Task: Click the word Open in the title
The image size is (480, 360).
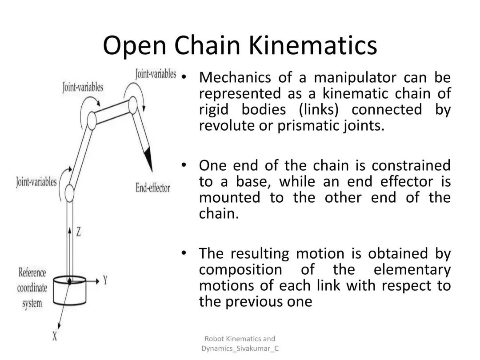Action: click(134, 46)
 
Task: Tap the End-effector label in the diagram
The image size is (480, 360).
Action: click(152, 188)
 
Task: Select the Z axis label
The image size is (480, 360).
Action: click(78, 231)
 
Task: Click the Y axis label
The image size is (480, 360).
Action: click(105, 280)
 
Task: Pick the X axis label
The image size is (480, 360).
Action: click(55, 336)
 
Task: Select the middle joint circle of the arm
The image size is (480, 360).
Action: click(92, 120)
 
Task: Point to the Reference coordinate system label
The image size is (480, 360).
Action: click(32, 288)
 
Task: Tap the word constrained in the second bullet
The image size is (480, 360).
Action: click(411, 166)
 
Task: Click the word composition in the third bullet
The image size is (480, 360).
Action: click(240, 270)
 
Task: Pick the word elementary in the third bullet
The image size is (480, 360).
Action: click(412, 270)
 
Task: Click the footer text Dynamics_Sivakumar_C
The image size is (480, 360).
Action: click(240, 348)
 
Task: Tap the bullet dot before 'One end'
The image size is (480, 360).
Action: click(183, 165)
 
